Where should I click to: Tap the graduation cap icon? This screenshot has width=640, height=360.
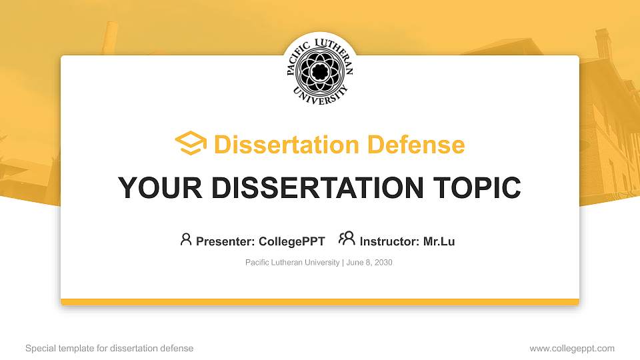[191, 143]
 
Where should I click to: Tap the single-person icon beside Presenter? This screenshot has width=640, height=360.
[186, 239]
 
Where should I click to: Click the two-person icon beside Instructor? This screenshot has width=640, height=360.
[347, 239]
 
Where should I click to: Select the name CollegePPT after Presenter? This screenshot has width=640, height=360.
[292, 241]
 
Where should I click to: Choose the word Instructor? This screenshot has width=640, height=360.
[389, 241]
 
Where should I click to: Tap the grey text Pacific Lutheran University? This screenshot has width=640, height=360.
[292, 263]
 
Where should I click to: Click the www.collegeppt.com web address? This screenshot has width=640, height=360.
[571, 348]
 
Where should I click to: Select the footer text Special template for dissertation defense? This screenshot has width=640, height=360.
[109, 348]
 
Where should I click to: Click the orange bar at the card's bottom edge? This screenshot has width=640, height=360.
[320, 302]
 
